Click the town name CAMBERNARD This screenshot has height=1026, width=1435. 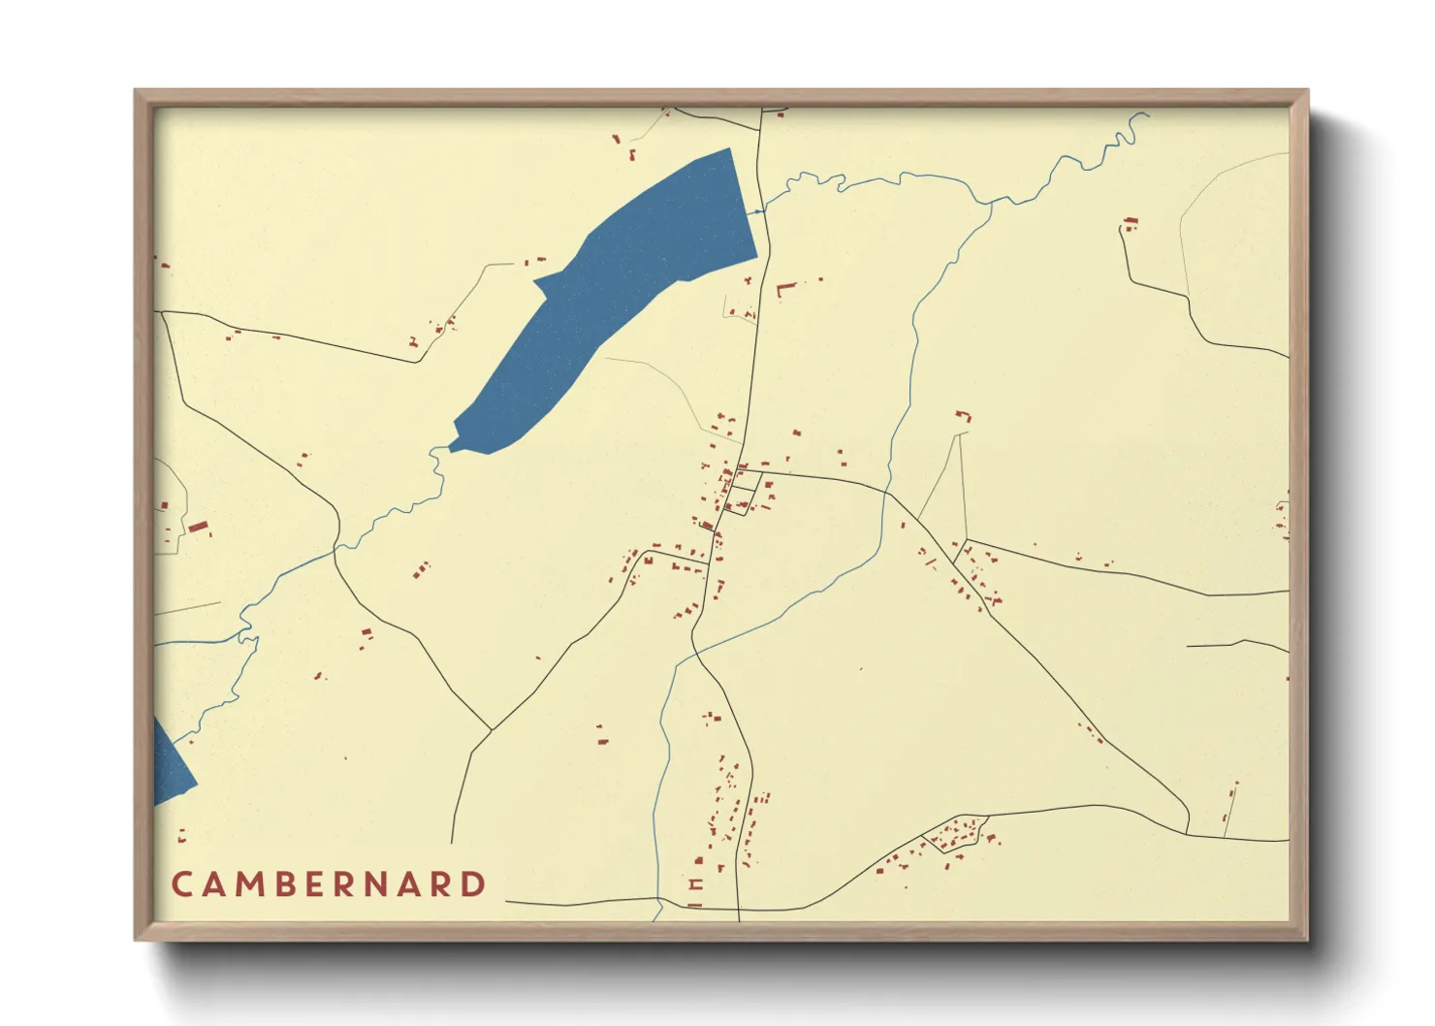coord(329,884)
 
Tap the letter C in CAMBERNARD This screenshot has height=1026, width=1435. coord(181,884)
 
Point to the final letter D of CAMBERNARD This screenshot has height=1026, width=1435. coord(473,884)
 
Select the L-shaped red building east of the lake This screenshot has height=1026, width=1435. coord(783,289)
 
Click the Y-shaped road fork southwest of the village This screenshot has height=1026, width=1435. coord(492,729)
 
